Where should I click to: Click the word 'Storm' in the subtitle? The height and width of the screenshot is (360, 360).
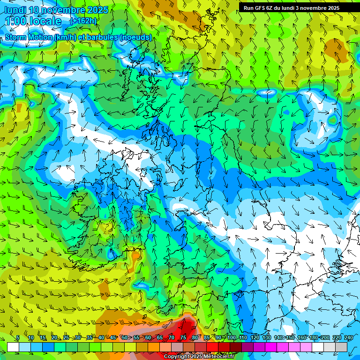[x=17, y=37]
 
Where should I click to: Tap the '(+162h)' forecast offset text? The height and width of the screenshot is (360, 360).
[x=83, y=21]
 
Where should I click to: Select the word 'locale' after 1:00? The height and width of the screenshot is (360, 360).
[x=45, y=21]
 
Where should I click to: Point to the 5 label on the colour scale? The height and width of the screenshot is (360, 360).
[x=18, y=337]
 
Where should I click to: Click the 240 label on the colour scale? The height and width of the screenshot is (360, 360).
[x=349, y=337]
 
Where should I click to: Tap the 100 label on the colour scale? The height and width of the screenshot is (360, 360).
[x=231, y=337]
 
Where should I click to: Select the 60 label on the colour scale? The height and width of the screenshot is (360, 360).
[x=148, y=337]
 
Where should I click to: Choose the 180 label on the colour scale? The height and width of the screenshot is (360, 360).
[x=313, y=337]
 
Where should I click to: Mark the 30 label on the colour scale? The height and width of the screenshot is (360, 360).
[x=77, y=337]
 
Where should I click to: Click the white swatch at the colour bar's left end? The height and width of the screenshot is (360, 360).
[x=13, y=347]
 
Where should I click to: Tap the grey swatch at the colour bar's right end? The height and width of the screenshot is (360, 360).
[x=341, y=347]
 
